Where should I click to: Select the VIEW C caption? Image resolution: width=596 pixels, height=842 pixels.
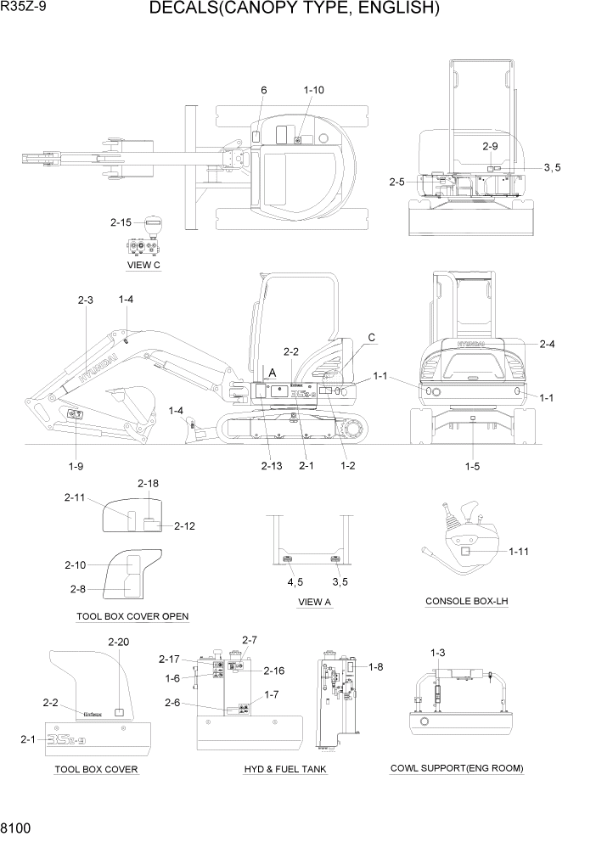tap(143, 265)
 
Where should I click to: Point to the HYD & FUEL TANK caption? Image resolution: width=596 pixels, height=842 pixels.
tap(285, 769)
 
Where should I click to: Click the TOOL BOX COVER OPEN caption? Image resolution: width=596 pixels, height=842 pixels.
tap(132, 616)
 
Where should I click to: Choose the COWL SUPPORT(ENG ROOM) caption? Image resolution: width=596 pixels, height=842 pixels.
tap(457, 768)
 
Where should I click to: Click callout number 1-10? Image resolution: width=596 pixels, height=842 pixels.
tap(313, 90)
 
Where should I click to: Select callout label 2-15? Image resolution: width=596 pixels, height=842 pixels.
tap(121, 223)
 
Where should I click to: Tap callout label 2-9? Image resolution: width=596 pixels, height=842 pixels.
tap(490, 146)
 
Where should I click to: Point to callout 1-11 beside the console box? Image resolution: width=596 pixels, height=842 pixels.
tap(519, 552)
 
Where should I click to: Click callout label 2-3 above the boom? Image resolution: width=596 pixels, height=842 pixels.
tap(86, 300)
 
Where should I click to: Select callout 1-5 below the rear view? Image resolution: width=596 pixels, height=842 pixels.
tap(471, 465)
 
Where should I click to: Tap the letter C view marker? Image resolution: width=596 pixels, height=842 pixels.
tap(371, 338)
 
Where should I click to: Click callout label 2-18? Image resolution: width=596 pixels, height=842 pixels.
tap(148, 483)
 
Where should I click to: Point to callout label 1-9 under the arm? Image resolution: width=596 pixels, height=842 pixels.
tap(76, 465)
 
